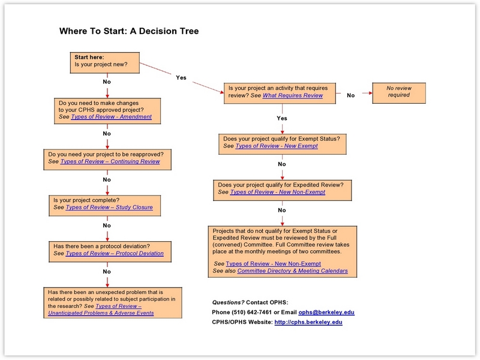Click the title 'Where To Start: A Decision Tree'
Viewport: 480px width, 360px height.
tap(128, 31)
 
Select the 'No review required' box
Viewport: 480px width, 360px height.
tap(398, 91)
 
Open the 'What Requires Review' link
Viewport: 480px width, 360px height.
tap(293, 95)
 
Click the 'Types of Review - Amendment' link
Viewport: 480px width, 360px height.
tap(112, 117)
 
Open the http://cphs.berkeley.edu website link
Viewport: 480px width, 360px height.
tap(308, 322)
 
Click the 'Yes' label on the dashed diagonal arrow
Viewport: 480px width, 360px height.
tap(181, 77)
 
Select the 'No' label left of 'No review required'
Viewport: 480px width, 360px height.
tap(351, 95)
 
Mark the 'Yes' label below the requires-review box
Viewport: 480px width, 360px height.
tap(282, 118)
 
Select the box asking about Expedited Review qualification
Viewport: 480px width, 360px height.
tap(283, 189)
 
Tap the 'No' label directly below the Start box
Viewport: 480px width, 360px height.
tap(107, 81)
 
